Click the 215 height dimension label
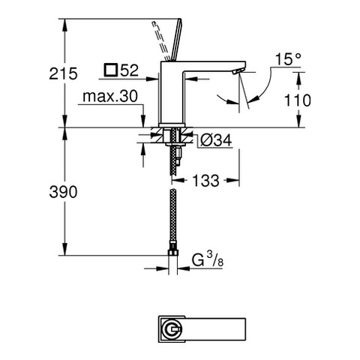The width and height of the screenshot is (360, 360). (63, 74)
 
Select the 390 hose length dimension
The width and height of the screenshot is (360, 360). (63, 192)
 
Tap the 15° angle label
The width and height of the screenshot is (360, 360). (288, 59)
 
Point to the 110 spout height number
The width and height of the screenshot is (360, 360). (298, 100)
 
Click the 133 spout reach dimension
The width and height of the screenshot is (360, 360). (205, 180)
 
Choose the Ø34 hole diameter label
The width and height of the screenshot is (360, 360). (216, 140)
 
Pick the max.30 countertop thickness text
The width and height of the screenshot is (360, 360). (110, 96)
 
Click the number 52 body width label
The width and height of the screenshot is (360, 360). (130, 70)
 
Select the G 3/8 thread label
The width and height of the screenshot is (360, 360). (208, 261)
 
